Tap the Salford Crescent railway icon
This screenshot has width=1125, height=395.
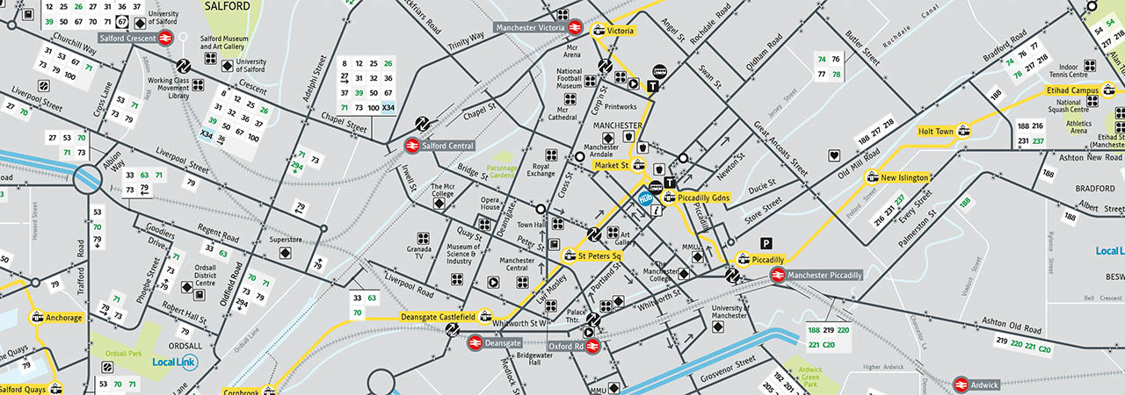point(163,38)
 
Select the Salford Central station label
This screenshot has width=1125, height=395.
point(449,145)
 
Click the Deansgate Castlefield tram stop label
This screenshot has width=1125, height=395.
point(438,316)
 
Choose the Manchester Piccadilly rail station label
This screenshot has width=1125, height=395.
point(824,275)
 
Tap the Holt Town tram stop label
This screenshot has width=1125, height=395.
point(935,132)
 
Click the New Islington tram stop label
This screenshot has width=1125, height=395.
point(904,177)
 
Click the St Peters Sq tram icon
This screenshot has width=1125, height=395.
point(570,256)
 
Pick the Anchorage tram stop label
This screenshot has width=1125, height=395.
point(64,318)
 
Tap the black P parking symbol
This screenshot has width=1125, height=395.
point(766,242)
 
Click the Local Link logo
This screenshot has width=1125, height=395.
point(174,362)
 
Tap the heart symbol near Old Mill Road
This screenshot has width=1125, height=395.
point(833,156)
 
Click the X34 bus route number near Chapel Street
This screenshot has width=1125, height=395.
point(388,107)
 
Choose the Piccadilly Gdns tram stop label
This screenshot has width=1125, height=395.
point(703,197)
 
